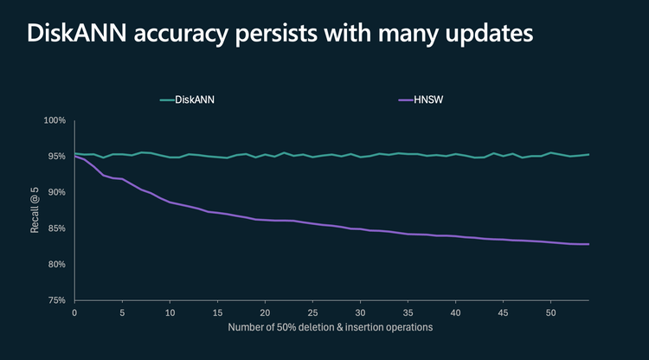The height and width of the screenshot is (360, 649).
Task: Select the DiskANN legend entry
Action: [188, 100]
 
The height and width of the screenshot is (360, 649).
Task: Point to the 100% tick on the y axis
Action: [55, 120]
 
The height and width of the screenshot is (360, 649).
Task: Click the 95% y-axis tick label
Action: [57, 157]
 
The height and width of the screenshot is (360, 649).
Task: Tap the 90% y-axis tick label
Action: [57, 192]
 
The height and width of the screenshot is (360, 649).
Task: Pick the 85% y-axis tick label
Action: [57, 228]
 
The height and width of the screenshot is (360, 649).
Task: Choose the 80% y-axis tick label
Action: [57, 264]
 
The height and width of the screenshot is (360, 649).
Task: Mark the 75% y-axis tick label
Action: [57, 300]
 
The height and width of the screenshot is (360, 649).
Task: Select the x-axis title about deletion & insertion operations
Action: [332, 328]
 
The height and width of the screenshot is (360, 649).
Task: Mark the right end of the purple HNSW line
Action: [588, 244]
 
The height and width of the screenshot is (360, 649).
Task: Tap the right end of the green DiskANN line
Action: [588, 155]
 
